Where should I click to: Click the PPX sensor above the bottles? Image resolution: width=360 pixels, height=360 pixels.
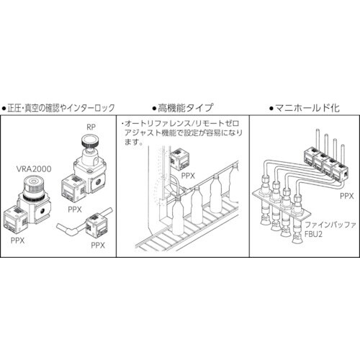pyautogui.click(x=176, y=158)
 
